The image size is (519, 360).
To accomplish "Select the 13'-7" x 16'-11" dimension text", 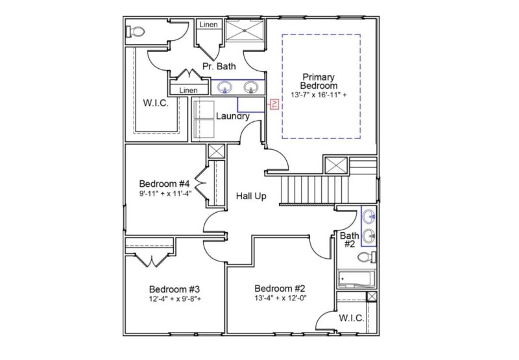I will pyautogui.click(x=319, y=95).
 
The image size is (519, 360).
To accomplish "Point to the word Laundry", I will pyautogui.click(x=232, y=116).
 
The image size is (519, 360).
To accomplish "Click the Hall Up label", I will pyautogui.click(x=250, y=196).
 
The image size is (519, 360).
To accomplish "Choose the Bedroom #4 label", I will pyautogui.click(x=165, y=183).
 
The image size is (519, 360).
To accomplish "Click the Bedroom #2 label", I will pyautogui.click(x=280, y=288).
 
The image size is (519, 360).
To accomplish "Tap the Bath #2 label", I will pyautogui.click(x=348, y=240).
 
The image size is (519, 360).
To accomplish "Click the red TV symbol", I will pyautogui.click(x=274, y=104).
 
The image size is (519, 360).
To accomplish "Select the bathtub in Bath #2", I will pyautogui.click(x=355, y=279).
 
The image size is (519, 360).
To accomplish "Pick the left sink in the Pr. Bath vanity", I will pyautogui.click(x=225, y=87).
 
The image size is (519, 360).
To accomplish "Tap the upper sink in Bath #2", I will pyautogui.click(x=368, y=216).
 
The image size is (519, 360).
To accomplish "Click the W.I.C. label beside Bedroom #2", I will pyautogui.click(x=351, y=318).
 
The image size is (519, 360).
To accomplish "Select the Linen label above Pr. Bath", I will pyautogui.click(x=208, y=25).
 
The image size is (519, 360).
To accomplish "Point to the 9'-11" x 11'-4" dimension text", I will pyautogui.click(x=165, y=193).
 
